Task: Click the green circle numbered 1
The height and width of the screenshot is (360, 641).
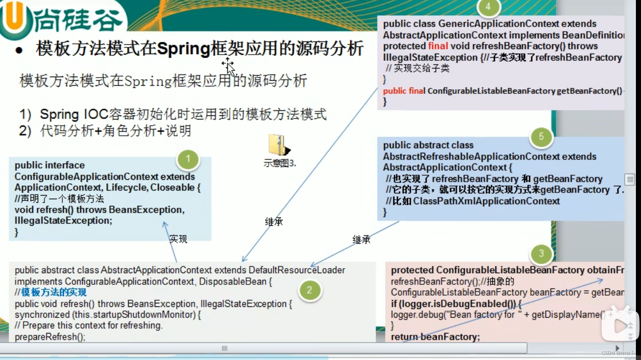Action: tap(188, 159)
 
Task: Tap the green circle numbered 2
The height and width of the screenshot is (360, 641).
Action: tap(309, 291)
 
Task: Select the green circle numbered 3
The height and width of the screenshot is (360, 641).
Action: tap(541, 254)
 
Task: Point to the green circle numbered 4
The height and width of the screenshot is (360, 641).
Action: tap(488, 7)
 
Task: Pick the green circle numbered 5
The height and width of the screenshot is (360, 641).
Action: tap(541, 137)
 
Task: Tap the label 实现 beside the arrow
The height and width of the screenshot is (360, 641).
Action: tap(178, 239)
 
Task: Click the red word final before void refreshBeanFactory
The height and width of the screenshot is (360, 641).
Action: tap(438, 46)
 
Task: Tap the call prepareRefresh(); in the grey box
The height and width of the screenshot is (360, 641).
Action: tap(50, 337)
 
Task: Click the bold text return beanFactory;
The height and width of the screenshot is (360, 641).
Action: tap(436, 337)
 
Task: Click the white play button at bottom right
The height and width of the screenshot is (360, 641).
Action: tap(621, 325)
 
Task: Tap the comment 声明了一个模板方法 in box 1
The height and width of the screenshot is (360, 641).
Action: tap(62, 199)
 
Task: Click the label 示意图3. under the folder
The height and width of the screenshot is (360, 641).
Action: tap(280, 164)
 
